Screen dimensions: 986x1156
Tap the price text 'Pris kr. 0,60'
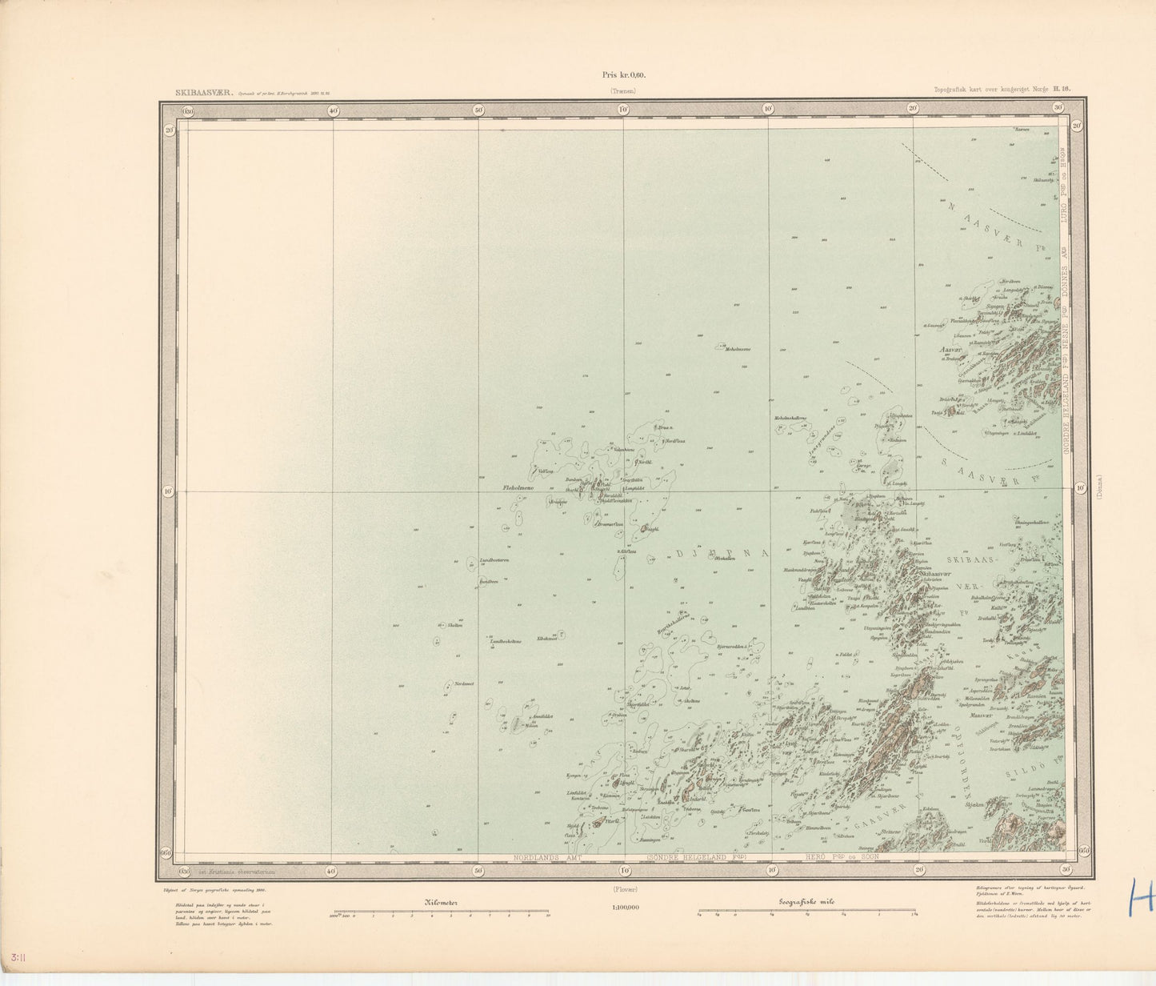click(x=623, y=75)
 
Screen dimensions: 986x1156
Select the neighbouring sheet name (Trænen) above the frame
click(x=623, y=91)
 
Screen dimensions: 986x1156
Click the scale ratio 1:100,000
click(x=623, y=908)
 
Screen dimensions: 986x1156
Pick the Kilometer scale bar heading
click(x=439, y=902)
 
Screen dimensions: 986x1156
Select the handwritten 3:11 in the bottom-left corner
click(x=14, y=957)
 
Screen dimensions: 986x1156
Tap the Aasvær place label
click(x=950, y=350)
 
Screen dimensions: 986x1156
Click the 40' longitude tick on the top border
click(x=333, y=111)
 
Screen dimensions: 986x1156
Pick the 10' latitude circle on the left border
click(x=167, y=491)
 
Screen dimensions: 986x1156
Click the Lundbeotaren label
click(x=494, y=560)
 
